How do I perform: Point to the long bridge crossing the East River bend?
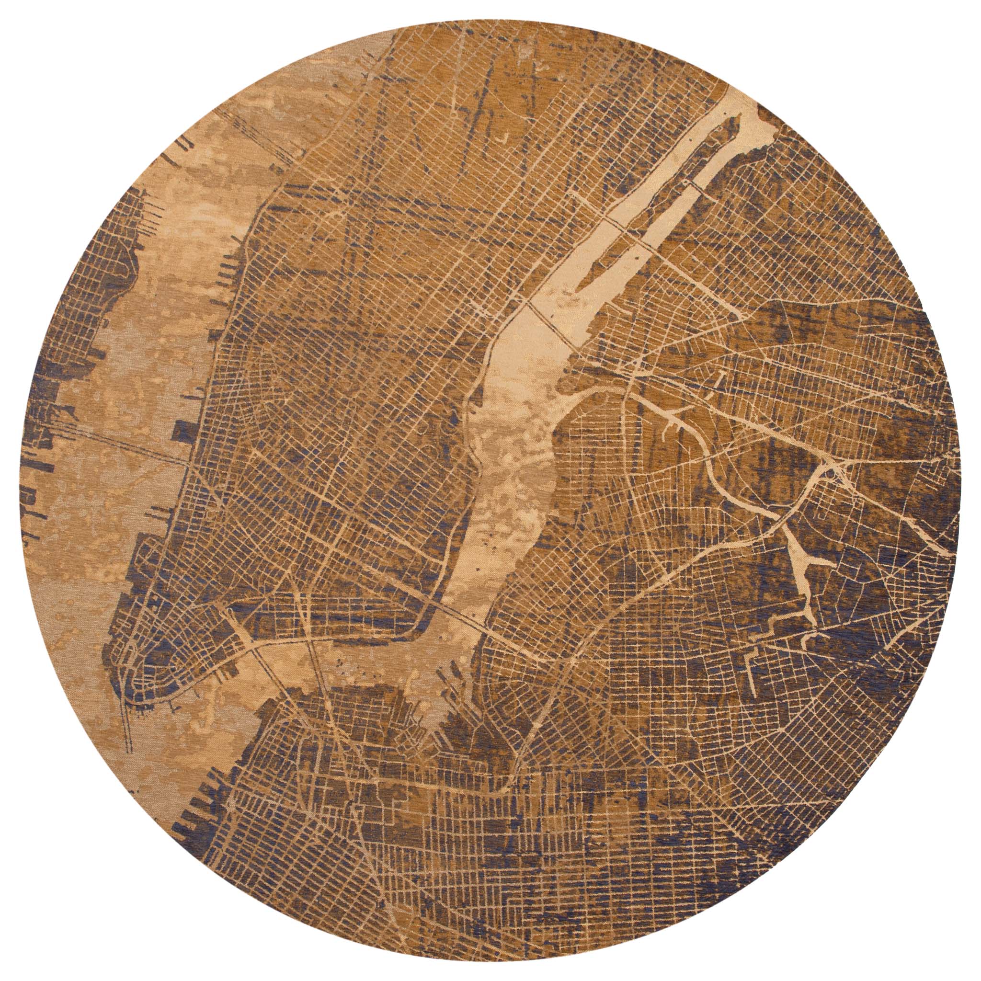[x=457, y=609]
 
